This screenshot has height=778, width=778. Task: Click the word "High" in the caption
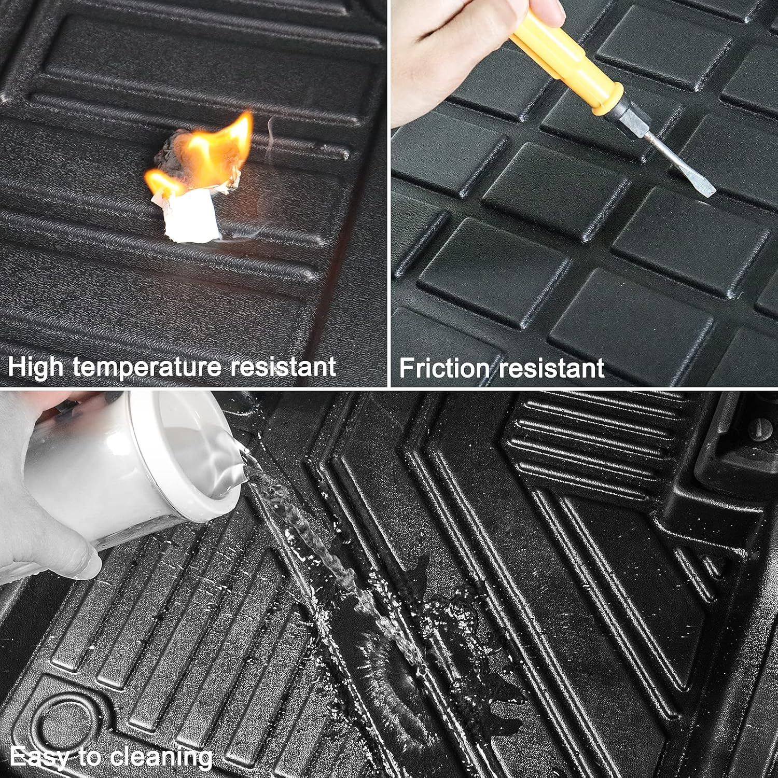(36, 367)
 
